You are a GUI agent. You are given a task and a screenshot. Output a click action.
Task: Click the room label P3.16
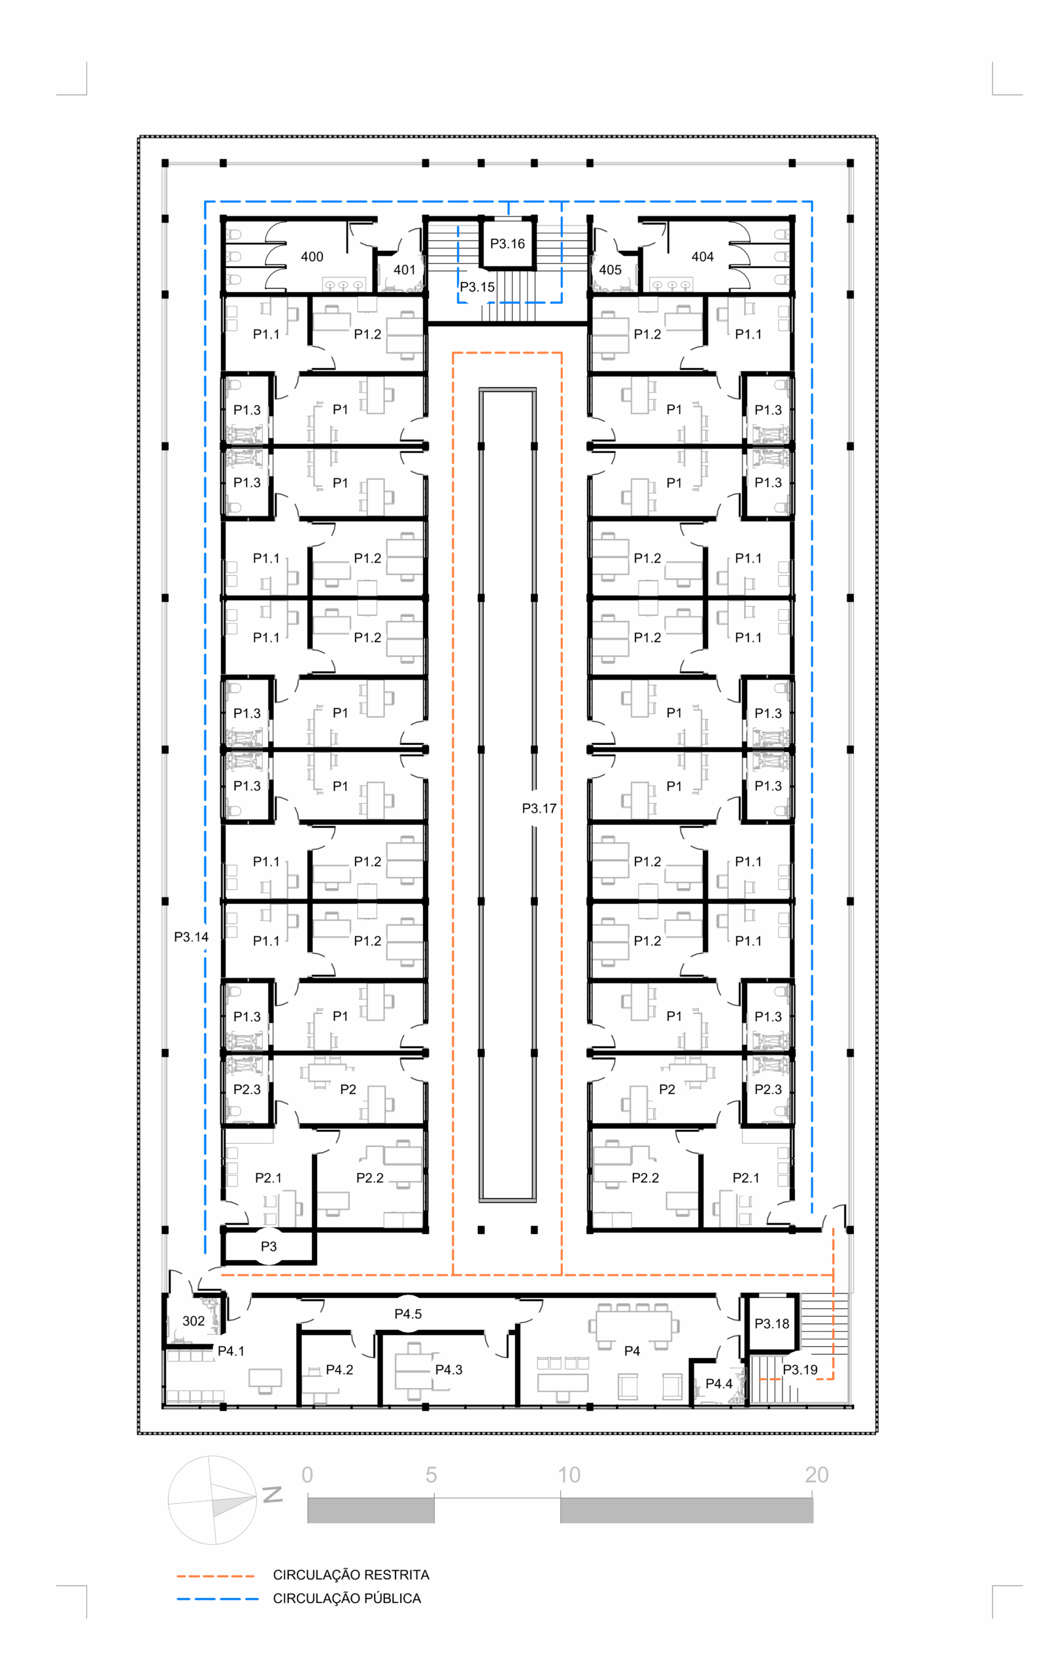[x=507, y=244]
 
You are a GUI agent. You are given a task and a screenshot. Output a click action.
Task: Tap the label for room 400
[x=312, y=257]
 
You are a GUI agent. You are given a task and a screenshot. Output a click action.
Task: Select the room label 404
[x=703, y=257]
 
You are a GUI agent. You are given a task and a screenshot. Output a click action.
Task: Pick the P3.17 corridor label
[x=539, y=808]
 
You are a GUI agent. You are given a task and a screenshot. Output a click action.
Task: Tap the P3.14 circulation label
[x=191, y=937]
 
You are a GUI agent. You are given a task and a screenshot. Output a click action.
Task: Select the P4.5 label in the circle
[x=408, y=1314]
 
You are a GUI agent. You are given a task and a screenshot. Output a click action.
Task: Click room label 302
[x=193, y=1321]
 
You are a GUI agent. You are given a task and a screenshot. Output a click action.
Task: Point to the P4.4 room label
[x=719, y=1384]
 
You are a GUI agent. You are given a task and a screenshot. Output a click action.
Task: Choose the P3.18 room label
[x=772, y=1324]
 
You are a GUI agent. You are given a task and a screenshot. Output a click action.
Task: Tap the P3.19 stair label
[x=800, y=1370]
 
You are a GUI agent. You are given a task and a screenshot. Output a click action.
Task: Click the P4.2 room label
[x=340, y=1370]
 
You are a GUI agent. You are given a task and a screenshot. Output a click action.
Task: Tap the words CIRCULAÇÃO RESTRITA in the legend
[x=351, y=1575]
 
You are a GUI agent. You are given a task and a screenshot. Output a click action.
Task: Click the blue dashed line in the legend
[x=218, y=1599]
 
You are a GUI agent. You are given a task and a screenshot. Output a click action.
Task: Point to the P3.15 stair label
[x=477, y=287]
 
